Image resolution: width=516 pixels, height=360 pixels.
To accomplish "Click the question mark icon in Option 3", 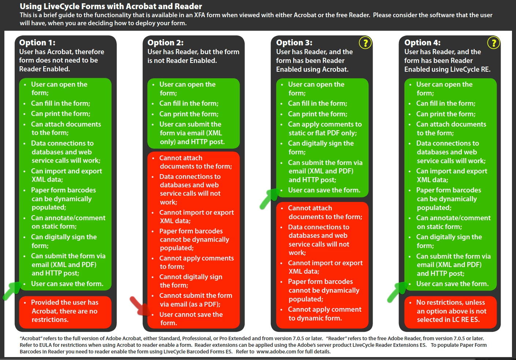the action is pos(365,43).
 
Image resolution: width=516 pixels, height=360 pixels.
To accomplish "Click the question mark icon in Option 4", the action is pos(493,43).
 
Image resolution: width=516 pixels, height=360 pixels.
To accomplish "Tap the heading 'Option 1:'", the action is pos(37,42).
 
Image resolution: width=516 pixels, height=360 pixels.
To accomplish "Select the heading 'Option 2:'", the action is pos(165,42).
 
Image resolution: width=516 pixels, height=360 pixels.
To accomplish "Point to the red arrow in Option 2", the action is pos(140,306).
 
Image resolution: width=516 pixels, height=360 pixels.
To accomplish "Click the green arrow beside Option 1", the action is pos(12,291).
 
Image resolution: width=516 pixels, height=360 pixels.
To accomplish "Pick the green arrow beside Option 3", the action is pos(269,199).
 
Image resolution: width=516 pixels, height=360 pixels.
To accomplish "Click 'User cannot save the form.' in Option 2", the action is pos(191,319).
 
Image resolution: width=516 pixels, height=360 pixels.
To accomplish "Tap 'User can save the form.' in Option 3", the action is pos(324,190).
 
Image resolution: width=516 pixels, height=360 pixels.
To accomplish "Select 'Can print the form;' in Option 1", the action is pos(61,113).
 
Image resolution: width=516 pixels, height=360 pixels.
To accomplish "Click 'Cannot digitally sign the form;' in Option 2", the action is pos(191,281).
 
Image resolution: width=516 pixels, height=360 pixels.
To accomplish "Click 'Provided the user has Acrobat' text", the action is pos(65,307).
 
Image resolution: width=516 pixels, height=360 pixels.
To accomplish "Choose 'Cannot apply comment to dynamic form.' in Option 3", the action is pos(325,314).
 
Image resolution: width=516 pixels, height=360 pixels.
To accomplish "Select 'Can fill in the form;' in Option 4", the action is pos(446,103).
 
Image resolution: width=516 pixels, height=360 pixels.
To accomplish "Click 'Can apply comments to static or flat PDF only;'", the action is pos(325,128).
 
